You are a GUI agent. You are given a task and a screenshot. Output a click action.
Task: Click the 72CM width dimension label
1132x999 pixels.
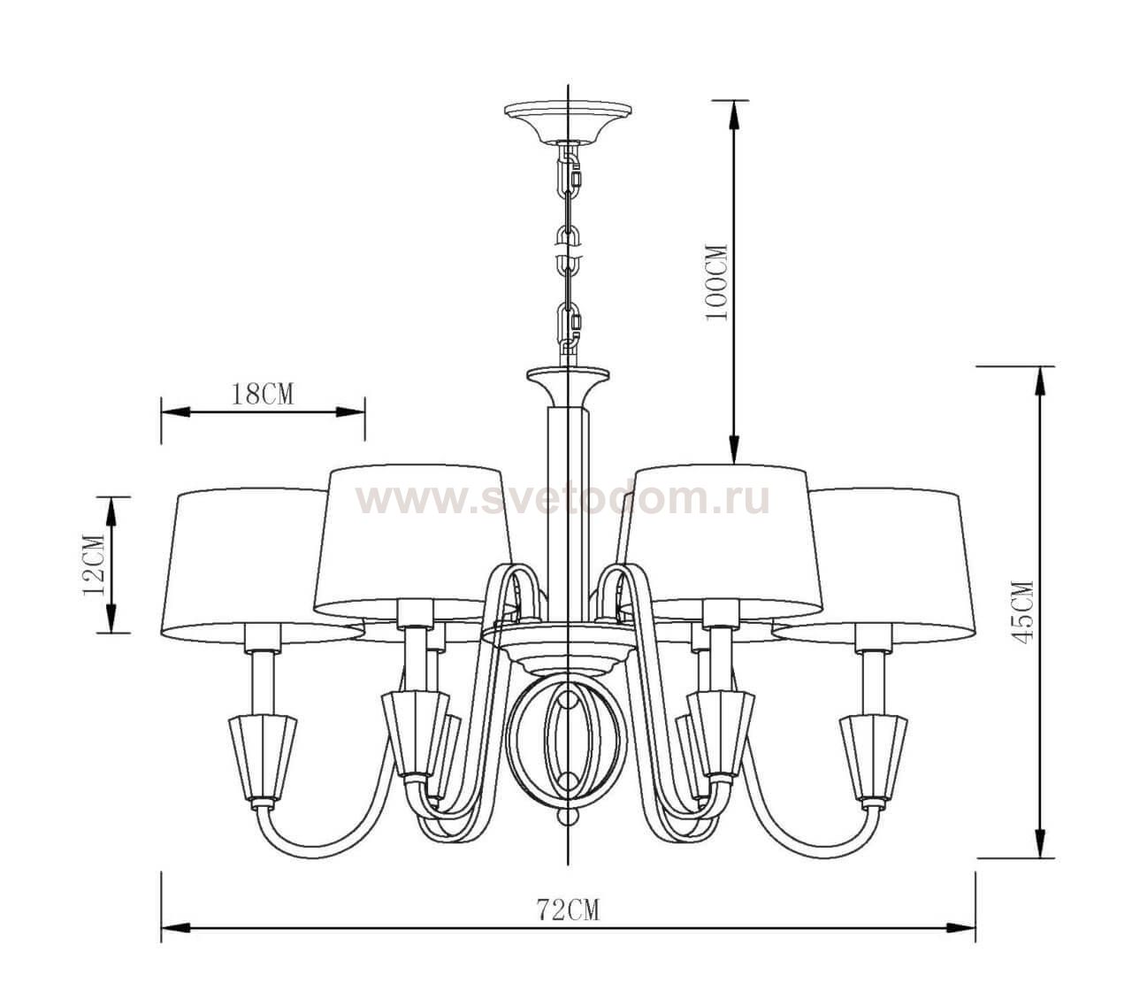567,909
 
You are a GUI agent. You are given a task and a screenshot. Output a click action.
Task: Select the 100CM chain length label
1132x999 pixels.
716,282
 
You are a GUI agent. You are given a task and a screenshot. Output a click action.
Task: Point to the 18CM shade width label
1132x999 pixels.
262,394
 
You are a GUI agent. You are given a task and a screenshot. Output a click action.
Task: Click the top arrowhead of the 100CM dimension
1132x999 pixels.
733,111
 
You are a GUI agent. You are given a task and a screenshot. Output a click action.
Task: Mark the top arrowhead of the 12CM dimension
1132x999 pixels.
111,507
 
